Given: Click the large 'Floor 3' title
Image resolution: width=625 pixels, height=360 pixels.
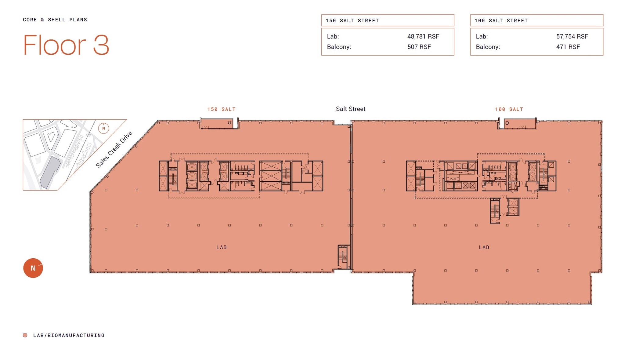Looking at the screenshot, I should (x=66, y=45).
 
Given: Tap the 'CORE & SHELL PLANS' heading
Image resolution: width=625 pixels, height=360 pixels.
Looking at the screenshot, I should (x=55, y=20).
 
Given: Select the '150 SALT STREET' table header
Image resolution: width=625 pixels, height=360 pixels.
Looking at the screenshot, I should (x=352, y=20).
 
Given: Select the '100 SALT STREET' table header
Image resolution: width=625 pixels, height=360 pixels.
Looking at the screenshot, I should (x=501, y=20).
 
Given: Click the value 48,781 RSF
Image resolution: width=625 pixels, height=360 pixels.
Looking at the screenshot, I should (x=423, y=37).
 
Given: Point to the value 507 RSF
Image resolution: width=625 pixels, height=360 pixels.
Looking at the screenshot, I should (x=419, y=47).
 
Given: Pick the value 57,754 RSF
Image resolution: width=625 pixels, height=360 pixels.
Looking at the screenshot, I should (x=572, y=37).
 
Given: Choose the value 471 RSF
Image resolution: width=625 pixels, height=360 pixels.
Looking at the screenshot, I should (x=568, y=47).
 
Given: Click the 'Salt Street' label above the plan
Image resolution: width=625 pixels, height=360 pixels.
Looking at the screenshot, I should (x=350, y=109).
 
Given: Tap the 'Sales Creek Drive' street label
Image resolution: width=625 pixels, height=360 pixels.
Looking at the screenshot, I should (x=114, y=150).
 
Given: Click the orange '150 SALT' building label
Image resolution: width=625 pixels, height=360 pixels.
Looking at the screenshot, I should (x=221, y=109).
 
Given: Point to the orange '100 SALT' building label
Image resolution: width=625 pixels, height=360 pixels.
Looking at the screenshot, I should (x=509, y=109).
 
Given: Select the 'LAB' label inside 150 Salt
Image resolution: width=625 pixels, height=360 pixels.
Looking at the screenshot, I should (x=222, y=247).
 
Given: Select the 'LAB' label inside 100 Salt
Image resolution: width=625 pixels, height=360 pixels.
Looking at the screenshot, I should (x=484, y=247).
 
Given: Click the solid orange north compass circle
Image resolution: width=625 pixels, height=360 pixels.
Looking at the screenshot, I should (x=33, y=268).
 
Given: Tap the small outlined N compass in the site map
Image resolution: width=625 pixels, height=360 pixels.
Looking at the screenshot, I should (x=103, y=128).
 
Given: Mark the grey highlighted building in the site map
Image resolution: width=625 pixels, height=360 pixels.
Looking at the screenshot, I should (x=50, y=173).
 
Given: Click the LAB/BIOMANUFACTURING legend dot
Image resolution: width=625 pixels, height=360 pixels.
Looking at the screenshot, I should (x=25, y=335).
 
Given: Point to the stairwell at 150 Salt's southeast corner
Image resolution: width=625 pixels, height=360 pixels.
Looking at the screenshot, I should (x=343, y=256).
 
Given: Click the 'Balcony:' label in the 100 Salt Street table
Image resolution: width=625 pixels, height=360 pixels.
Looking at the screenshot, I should (x=488, y=47).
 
